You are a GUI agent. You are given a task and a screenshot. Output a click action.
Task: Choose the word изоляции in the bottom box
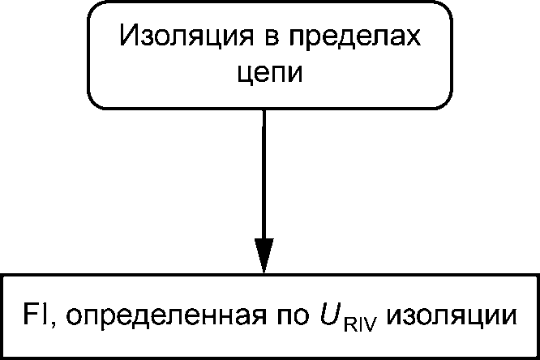click(448, 315)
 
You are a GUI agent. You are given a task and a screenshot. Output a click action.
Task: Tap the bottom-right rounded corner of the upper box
click(445, 101)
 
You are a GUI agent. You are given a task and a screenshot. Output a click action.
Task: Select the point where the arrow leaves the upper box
click(264, 109)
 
